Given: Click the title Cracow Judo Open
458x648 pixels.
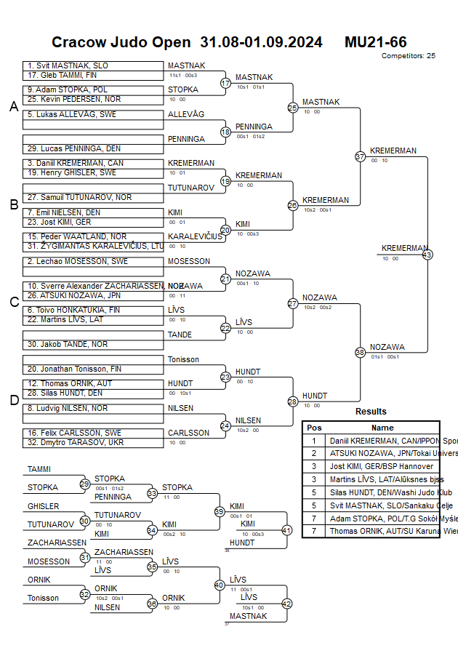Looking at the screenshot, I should (x=124, y=42).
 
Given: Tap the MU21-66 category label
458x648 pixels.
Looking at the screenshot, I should (x=375, y=42).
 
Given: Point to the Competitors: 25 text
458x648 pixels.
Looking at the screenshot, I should (x=408, y=55).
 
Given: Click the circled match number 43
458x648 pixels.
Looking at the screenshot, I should (x=427, y=255).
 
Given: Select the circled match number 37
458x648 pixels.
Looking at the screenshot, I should (x=360, y=156).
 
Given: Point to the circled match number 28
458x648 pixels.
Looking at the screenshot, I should (x=293, y=401).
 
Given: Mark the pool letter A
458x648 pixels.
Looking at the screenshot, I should (x=13, y=107).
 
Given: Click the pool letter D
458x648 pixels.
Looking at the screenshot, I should (x=13, y=399).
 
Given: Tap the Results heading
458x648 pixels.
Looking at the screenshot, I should (x=371, y=412).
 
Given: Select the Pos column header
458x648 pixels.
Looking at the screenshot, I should (x=314, y=428).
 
